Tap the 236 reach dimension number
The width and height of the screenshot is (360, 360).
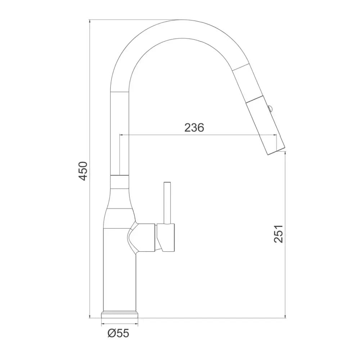click(194, 128)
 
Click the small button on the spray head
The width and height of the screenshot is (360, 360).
click(270, 108)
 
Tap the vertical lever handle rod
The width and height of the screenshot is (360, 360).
click(167, 203)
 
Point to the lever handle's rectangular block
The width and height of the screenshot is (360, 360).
click(166, 237)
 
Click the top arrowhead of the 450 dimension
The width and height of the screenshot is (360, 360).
click(90, 21)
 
